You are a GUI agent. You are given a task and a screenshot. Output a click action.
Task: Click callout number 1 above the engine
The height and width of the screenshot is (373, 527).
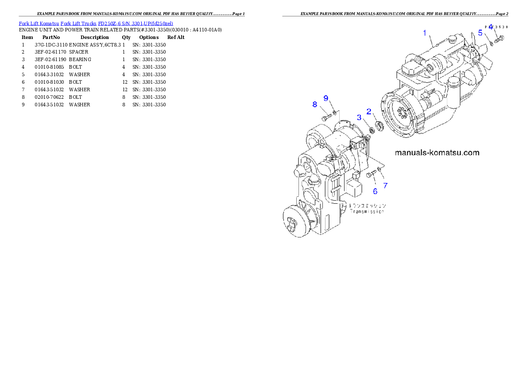425,33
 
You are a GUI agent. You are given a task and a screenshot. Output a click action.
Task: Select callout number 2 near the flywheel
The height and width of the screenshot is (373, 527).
368,112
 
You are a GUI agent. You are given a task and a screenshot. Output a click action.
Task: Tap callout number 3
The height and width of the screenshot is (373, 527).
360,117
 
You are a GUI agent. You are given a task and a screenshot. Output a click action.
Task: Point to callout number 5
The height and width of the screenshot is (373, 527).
480,33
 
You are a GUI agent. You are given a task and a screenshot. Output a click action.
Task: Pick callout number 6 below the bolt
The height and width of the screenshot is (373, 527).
375,191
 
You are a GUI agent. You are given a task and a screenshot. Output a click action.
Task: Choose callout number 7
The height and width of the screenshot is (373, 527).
385,186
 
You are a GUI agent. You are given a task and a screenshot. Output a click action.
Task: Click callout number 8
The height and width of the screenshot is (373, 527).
315,105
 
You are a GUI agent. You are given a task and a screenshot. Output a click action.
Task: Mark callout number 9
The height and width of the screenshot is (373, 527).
326,98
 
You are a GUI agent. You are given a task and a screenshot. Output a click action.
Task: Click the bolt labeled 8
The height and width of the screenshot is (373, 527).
326,117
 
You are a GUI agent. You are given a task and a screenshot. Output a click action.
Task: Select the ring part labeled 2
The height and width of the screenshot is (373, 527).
379,127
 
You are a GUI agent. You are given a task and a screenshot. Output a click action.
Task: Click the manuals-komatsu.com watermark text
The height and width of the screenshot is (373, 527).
437,153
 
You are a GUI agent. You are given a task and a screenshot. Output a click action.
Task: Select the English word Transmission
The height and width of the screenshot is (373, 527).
367,212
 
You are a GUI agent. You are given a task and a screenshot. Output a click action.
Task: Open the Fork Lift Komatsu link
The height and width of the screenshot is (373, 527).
39,23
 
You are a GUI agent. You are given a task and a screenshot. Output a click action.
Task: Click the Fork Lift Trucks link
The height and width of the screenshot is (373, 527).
78,23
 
